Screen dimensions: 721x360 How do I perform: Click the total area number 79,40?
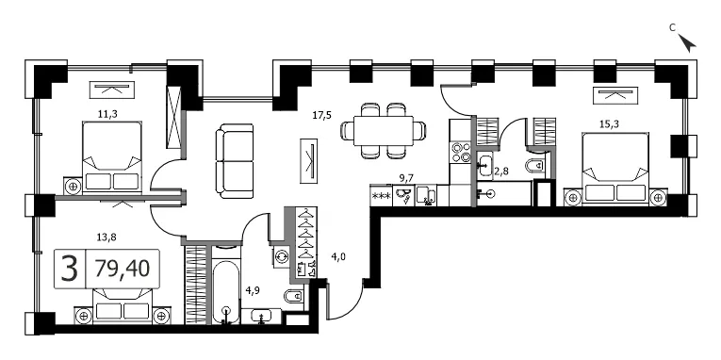point(123,268)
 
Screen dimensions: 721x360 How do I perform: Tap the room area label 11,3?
point(108,114)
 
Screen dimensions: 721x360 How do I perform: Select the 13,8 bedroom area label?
point(107,237)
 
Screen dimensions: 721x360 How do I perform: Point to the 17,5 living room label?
point(322,115)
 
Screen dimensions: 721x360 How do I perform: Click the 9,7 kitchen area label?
point(405,176)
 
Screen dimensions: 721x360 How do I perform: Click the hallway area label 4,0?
point(338,257)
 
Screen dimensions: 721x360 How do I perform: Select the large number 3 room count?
point(70,269)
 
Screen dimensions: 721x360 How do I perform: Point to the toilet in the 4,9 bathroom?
point(294,297)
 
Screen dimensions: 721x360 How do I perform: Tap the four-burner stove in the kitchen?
point(461,152)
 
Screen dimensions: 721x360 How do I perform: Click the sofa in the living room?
point(235,161)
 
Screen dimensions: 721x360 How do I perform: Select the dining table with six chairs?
point(383,131)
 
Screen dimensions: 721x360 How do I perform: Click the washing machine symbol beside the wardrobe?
point(280,255)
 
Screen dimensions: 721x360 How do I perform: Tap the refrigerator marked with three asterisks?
point(381,195)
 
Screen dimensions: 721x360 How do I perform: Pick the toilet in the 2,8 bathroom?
point(536,166)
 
